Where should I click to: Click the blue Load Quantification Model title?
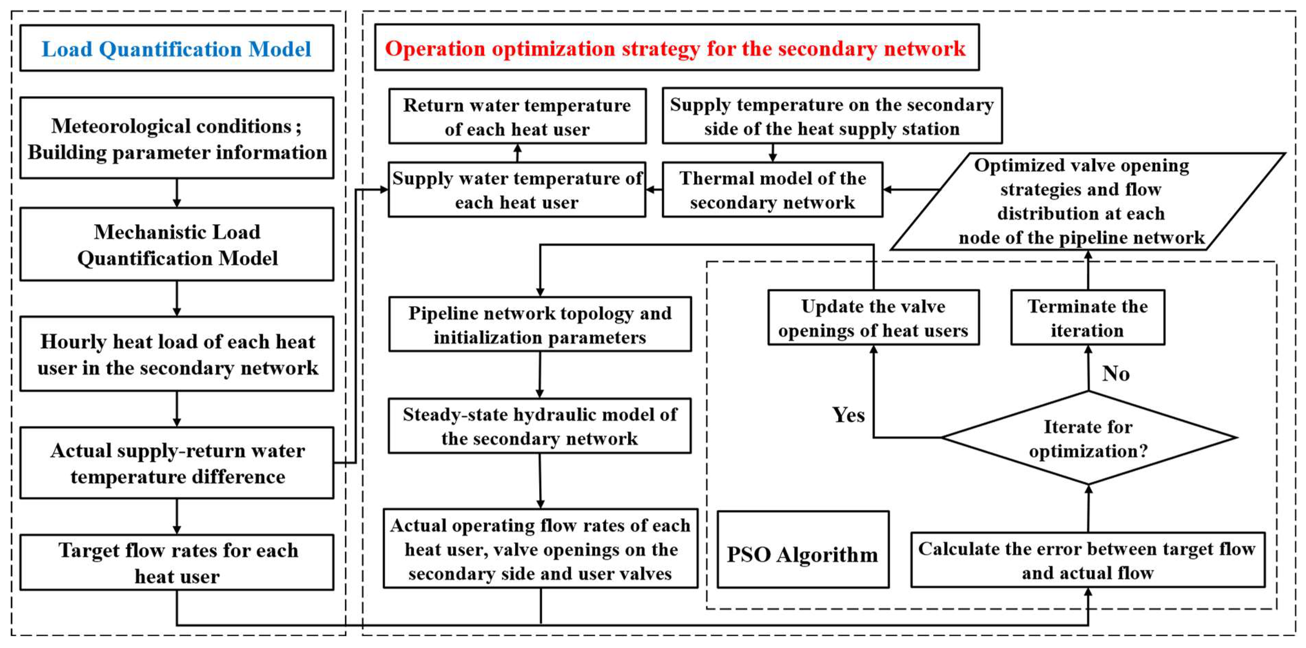point(176,49)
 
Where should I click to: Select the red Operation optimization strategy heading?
point(676,49)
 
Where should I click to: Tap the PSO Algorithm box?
point(803,554)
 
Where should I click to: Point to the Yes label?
point(848,415)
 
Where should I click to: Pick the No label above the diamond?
point(1115,374)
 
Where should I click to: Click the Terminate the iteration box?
point(1088,318)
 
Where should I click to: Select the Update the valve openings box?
point(873,318)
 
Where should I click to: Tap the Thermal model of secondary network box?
point(772,190)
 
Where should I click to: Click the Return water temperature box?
point(517,116)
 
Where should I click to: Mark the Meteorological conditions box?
point(176,138)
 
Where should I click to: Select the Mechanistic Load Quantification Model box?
point(176,245)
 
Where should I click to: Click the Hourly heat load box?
point(176,354)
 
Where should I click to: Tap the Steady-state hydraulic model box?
point(539,426)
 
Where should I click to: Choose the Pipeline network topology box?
point(539,325)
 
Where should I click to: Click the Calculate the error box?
point(1088,560)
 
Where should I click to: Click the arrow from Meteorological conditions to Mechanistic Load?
point(176,193)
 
